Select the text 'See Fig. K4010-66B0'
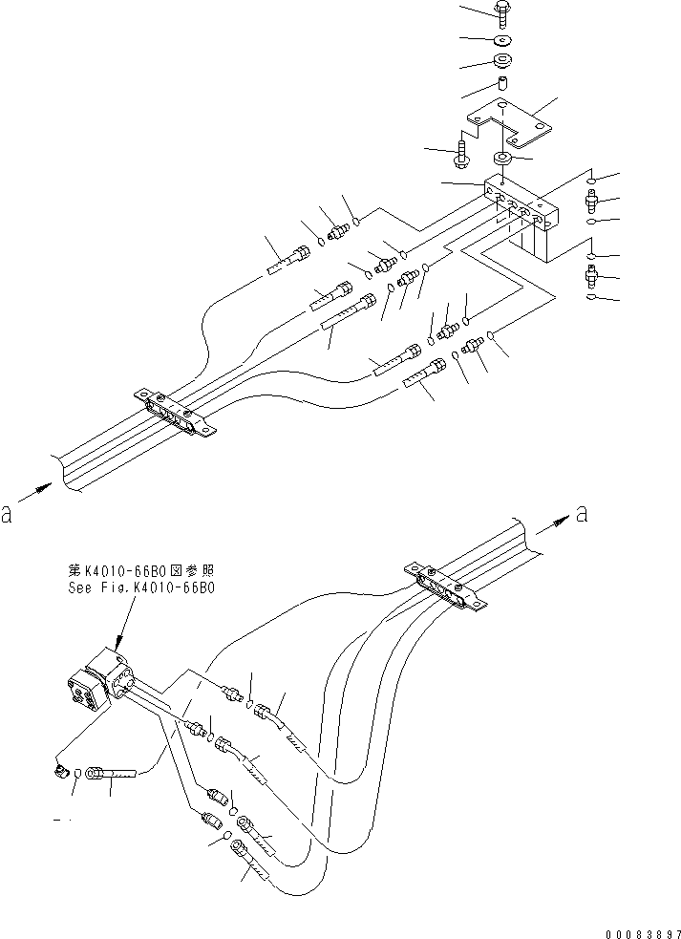tap(141, 588)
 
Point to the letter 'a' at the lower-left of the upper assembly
tap(9, 515)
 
